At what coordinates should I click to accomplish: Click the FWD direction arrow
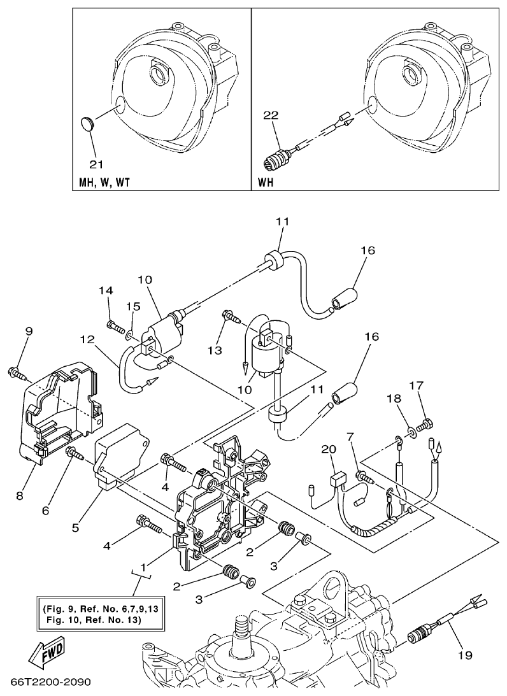pos(43,655)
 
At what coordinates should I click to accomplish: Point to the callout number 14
pos(105,290)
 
